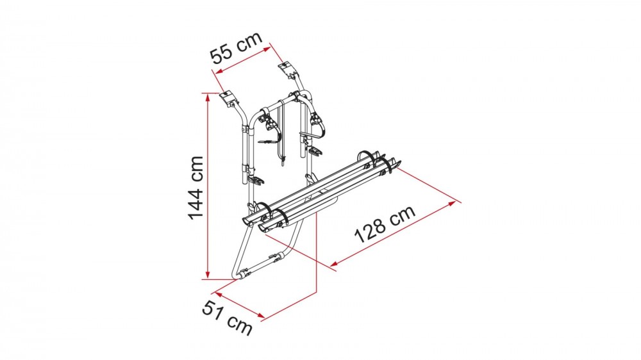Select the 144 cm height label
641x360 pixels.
tap(196, 188)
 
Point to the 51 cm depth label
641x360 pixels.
tap(227, 318)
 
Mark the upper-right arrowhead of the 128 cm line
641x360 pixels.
tap(453, 203)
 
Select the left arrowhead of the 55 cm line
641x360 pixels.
tap(219, 72)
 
